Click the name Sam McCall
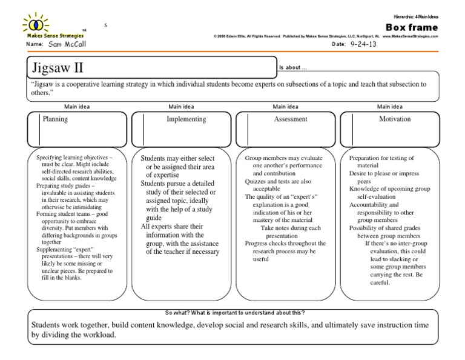pos(67,45)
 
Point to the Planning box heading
pos(55,119)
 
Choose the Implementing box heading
pos(186,119)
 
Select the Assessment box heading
pos(291,119)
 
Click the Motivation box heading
pos(395,119)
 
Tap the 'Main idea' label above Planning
pos(77,107)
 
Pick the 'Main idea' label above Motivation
pos(391,107)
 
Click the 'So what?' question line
pos(235,312)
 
